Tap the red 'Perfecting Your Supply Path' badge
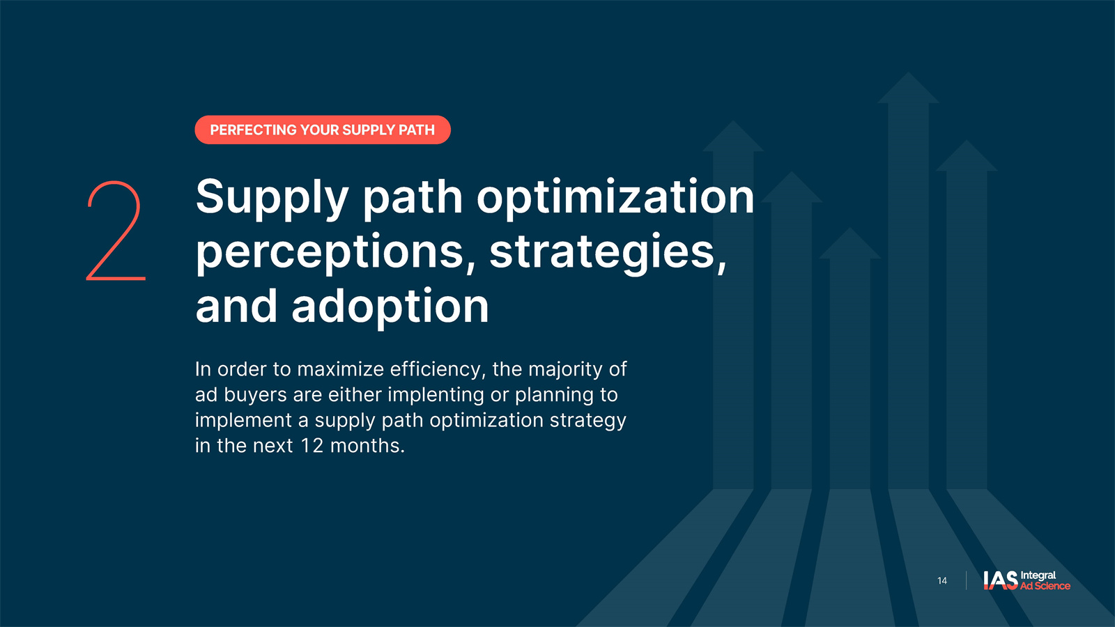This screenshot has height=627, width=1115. click(x=323, y=130)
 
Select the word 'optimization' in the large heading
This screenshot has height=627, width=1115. click(x=615, y=199)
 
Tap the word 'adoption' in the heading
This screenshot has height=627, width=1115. click(x=390, y=307)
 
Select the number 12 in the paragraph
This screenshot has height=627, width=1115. click(x=312, y=445)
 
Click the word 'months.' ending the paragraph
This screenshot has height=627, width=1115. click(x=367, y=445)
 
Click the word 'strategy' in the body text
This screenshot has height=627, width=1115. click(x=588, y=421)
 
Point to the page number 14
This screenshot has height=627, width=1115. click(x=941, y=581)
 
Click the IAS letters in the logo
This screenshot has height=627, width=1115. click(x=1001, y=580)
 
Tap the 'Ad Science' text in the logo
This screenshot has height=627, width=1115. click(x=1045, y=586)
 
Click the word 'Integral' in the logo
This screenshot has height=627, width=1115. click(x=1038, y=575)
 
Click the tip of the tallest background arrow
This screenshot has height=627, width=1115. click(x=909, y=72)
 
